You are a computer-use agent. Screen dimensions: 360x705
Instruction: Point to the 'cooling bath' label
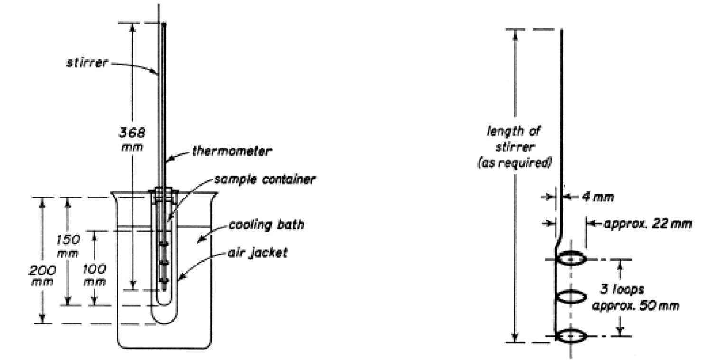266,225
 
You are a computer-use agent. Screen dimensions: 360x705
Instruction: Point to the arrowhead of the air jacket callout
180,281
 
